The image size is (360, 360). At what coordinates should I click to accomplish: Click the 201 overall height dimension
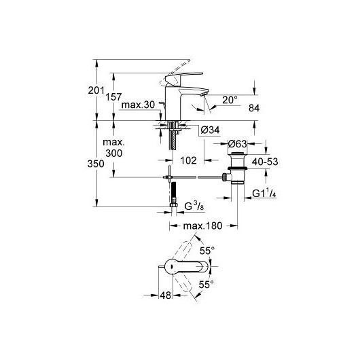(x=96, y=90)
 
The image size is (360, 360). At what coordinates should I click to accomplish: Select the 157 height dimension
(x=113, y=97)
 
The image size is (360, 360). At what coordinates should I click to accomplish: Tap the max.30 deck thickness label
(x=138, y=105)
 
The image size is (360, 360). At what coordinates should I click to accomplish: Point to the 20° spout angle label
(x=230, y=100)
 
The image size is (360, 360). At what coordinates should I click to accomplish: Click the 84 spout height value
(x=254, y=108)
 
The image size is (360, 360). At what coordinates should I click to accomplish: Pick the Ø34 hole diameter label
(x=210, y=130)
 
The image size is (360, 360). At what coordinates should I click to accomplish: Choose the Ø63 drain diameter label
(x=238, y=144)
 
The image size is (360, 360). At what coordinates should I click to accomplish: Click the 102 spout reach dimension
(x=188, y=160)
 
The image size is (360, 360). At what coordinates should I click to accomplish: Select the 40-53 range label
(x=265, y=162)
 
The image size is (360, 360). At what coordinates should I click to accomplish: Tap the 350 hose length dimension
(x=96, y=164)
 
